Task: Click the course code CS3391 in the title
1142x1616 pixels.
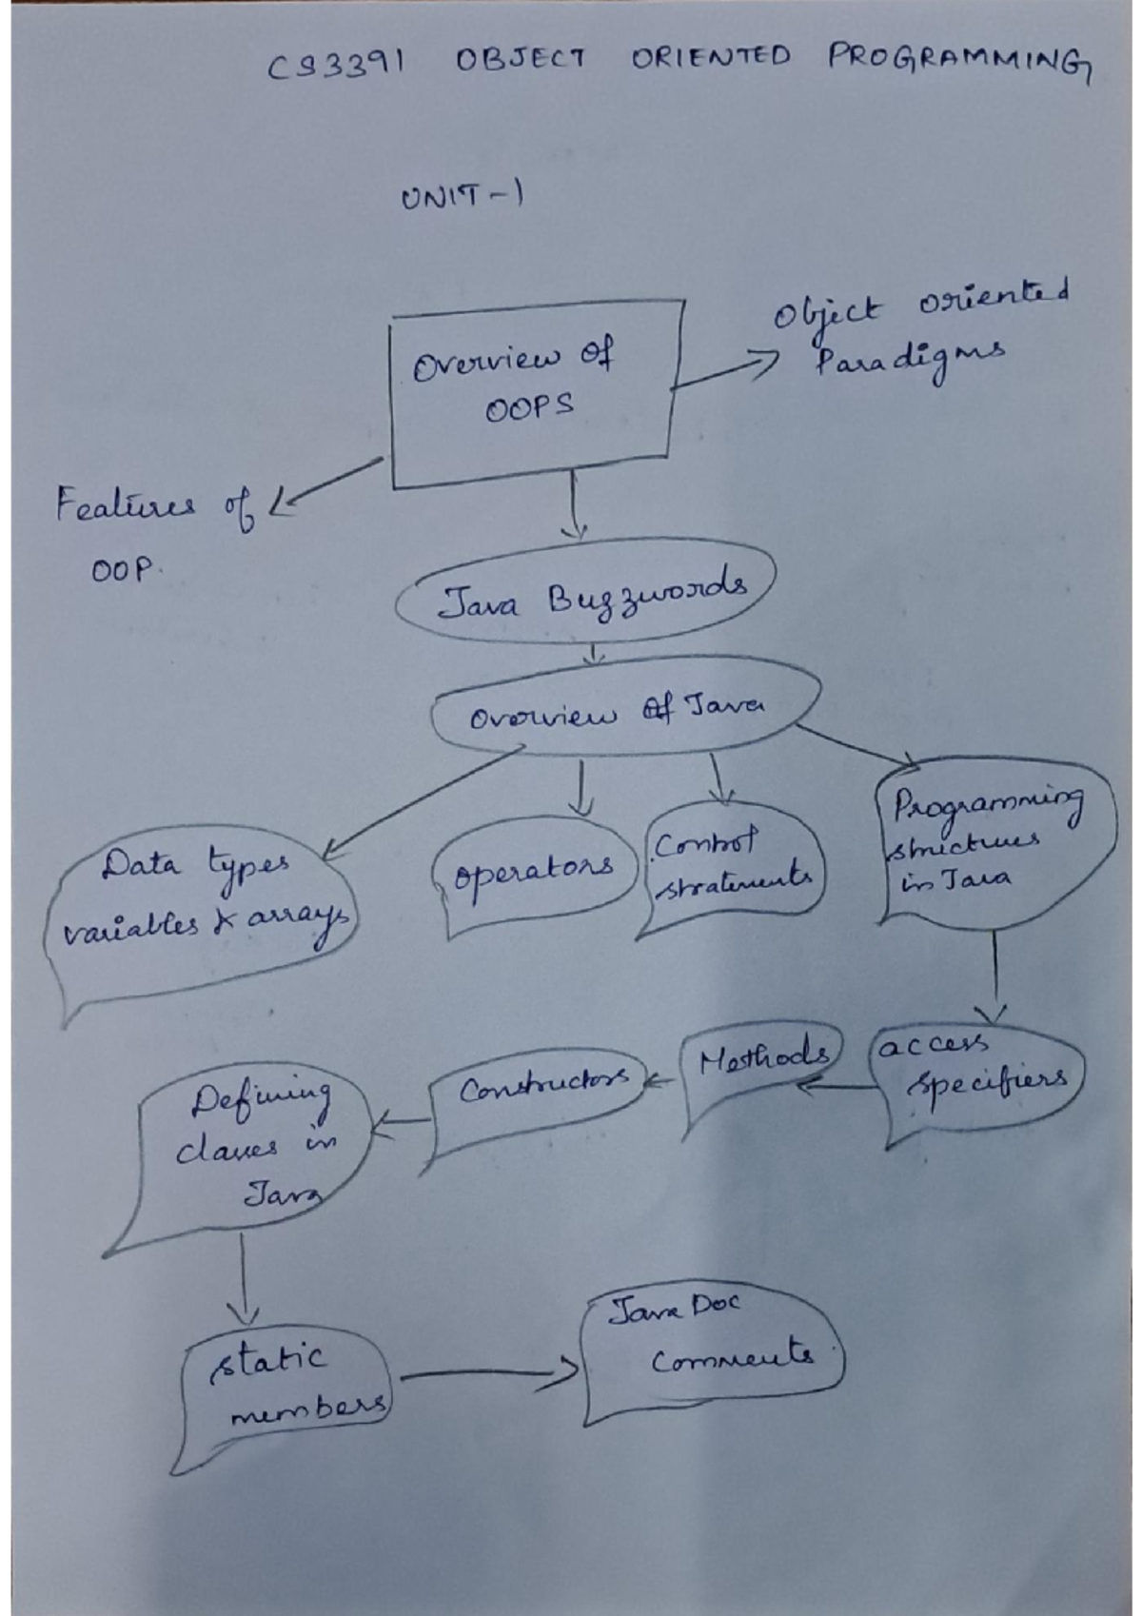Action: pos(335,65)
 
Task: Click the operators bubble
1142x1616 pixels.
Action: pos(533,871)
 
